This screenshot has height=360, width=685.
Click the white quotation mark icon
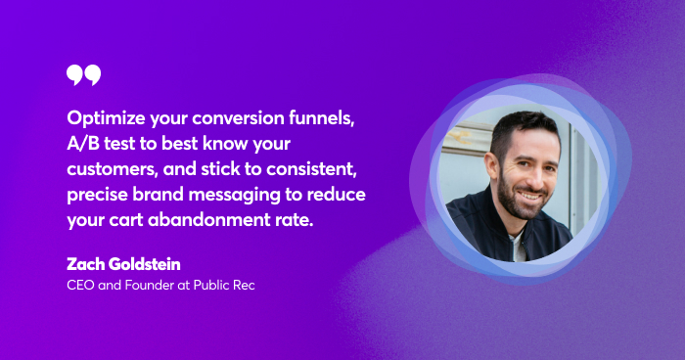pos(83,75)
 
